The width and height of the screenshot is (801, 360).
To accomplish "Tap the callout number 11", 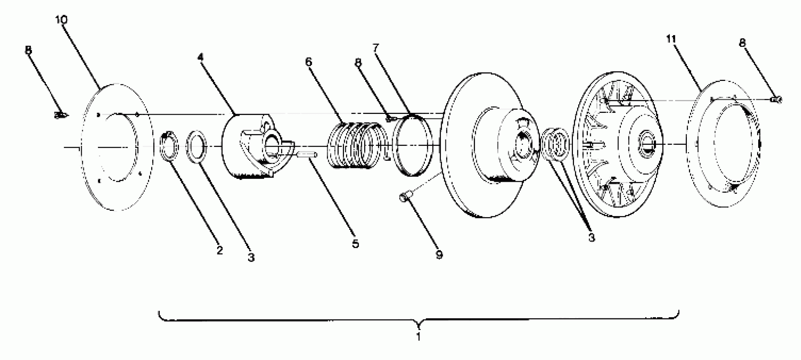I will point(671,39).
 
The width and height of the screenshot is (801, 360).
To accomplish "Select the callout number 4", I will point(201,57).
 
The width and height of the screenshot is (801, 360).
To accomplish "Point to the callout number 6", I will point(308,62).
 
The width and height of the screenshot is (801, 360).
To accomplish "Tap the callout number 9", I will point(439,255).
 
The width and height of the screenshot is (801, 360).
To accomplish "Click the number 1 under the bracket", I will point(419,336).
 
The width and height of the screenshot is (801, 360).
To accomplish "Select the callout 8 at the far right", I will point(742,43).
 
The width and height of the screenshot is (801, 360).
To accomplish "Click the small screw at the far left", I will point(60,115).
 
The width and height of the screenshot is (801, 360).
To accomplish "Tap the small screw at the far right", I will point(776,100).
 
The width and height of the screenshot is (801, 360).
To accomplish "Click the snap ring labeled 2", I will point(169,146).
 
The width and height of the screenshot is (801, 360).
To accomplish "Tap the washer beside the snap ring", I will point(196,146).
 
